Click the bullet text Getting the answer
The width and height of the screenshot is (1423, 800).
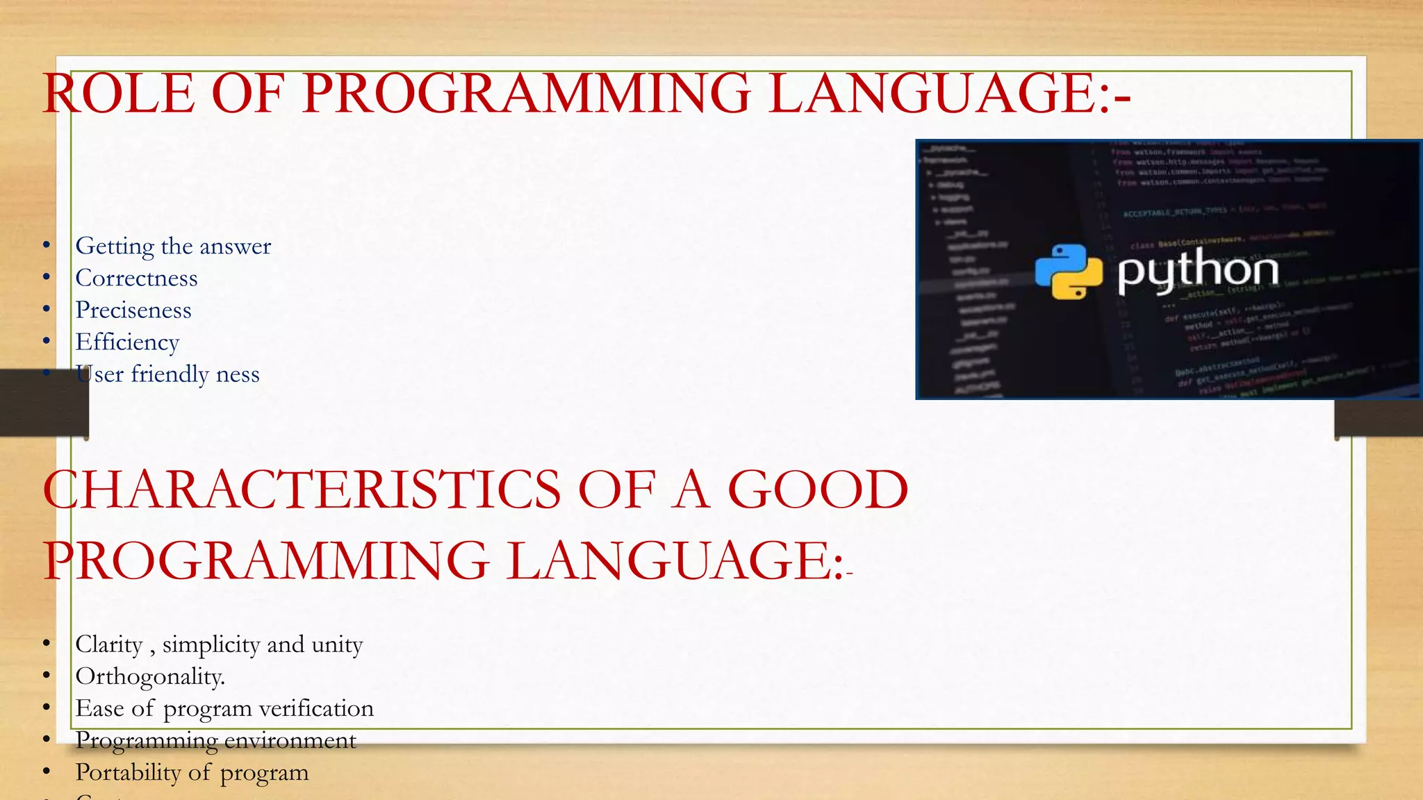(x=173, y=247)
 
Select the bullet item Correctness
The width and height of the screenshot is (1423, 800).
(x=136, y=278)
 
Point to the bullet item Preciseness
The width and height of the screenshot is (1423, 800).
(x=133, y=310)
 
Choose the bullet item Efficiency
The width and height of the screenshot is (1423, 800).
(x=127, y=342)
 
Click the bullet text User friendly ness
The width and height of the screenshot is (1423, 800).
(x=167, y=374)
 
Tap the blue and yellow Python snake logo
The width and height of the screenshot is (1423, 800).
(x=1068, y=272)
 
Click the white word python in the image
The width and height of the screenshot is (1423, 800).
(x=1198, y=271)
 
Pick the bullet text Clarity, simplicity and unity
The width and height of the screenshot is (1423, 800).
(x=219, y=644)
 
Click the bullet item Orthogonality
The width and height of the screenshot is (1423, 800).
(x=150, y=676)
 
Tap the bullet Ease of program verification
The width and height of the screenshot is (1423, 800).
(x=224, y=708)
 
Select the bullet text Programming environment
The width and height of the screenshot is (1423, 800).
(x=215, y=740)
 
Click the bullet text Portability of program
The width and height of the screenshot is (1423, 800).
(x=192, y=772)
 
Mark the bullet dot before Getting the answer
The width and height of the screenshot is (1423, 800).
(x=47, y=245)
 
